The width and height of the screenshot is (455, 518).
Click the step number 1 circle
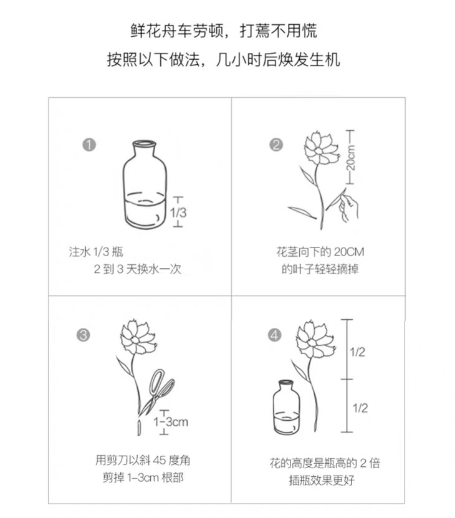coord(89,145)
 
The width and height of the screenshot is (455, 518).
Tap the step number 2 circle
coord(276,145)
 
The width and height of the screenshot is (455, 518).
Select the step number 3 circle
coord(84,335)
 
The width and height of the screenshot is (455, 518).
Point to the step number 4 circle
coord(275,335)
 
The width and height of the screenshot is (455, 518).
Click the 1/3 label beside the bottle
coord(178,212)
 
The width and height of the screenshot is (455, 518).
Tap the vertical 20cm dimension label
coord(352,158)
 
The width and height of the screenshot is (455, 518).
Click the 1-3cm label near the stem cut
coord(171,421)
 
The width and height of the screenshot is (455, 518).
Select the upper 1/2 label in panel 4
coord(358,352)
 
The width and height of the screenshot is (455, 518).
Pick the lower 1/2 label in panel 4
coord(360,408)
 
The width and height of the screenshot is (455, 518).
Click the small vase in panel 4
coord(287,406)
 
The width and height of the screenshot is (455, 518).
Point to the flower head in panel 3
coord(137,337)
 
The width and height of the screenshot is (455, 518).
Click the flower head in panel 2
coord(320,148)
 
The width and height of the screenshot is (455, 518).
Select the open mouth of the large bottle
coord(144,143)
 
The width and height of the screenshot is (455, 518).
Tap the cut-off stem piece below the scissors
coord(139,428)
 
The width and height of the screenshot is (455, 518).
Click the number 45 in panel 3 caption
coord(159,460)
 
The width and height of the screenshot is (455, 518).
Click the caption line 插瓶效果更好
coord(322,480)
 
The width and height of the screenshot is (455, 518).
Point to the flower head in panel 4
coord(315,340)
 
